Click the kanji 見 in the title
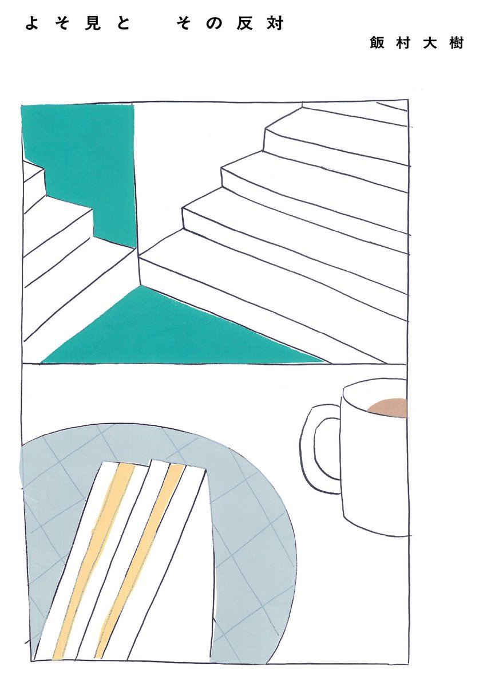(x=93, y=23)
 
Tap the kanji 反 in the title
(x=244, y=23)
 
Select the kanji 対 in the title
(x=275, y=23)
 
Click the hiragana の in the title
(x=214, y=24)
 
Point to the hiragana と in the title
(x=122, y=24)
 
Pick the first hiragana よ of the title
(x=32, y=23)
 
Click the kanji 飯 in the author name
(x=377, y=42)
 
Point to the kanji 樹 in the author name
(x=456, y=42)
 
